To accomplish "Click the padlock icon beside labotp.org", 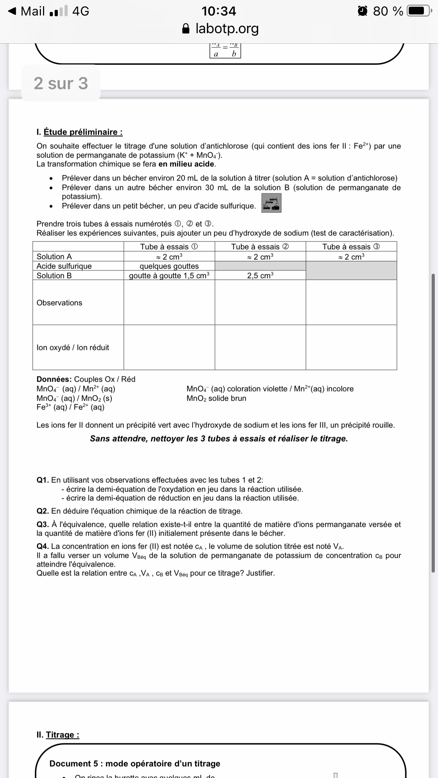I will [x=187, y=29].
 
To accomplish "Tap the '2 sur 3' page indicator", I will [x=61, y=84].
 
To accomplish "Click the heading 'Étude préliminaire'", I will [x=83, y=132].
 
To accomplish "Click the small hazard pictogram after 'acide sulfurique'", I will [x=271, y=203].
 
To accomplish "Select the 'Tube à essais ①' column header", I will [x=169, y=247].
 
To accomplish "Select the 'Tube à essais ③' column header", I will [x=351, y=247].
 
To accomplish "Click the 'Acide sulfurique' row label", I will [x=64, y=266].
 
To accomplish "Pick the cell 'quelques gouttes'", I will [x=169, y=266].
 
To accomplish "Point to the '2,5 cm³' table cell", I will [x=260, y=276].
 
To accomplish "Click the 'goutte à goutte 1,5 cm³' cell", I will [x=169, y=276].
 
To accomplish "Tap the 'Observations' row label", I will [x=59, y=303].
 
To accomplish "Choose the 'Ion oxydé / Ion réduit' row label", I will [x=73, y=347].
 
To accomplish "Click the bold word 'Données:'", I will [x=54, y=379].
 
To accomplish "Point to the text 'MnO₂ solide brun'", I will [x=216, y=398].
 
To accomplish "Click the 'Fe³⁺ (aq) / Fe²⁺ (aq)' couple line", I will [x=71, y=407].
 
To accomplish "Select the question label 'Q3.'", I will [x=43, y=525].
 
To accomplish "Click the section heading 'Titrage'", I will [x=62, y=735].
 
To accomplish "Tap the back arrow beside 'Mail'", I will [x=12, y=11].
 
